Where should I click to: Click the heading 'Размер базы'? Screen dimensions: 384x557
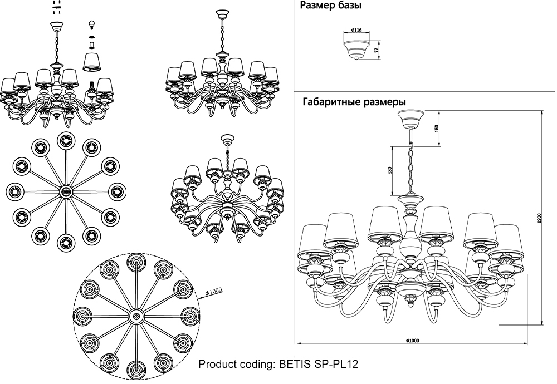330,7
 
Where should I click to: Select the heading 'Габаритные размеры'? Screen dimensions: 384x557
354,102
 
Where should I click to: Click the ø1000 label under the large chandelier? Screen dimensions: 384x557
412,339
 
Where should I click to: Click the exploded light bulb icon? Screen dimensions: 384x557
93,25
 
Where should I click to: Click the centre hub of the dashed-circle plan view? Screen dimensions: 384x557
135,316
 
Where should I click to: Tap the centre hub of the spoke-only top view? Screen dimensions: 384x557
66,191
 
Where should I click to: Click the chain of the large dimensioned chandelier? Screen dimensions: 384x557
412,167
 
